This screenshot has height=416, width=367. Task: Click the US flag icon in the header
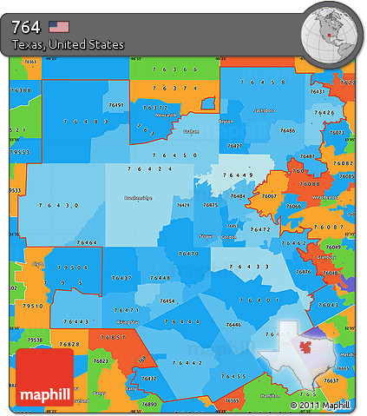click(59, 26)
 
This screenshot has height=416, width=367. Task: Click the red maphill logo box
click(44, 377)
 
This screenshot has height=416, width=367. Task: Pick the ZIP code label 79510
click(32, 307)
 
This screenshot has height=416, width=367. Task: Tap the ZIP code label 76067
click(270, 196)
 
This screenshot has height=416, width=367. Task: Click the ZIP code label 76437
click(122, 278)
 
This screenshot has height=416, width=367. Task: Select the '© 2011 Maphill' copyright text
click(321, 406)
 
